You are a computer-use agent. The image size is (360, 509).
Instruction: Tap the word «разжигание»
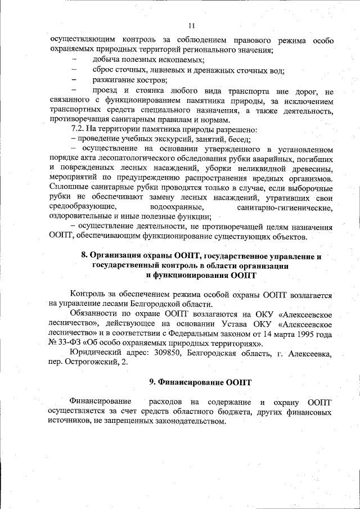pos(112,81)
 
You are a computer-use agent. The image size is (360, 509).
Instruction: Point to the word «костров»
pos(149,81)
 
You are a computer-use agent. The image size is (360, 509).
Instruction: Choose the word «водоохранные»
pos(180,208)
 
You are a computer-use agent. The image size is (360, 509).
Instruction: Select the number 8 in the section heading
pos(85,256)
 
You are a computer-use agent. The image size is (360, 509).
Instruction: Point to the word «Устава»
pos(232,325)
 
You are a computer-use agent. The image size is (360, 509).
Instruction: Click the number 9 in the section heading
pos(152,382)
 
